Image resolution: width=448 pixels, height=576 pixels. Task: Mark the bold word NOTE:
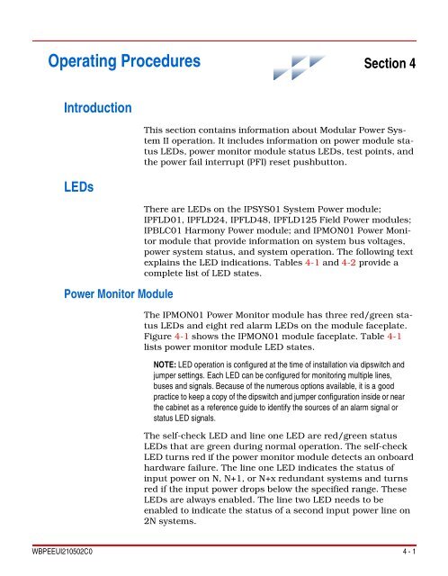coord(168,364)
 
